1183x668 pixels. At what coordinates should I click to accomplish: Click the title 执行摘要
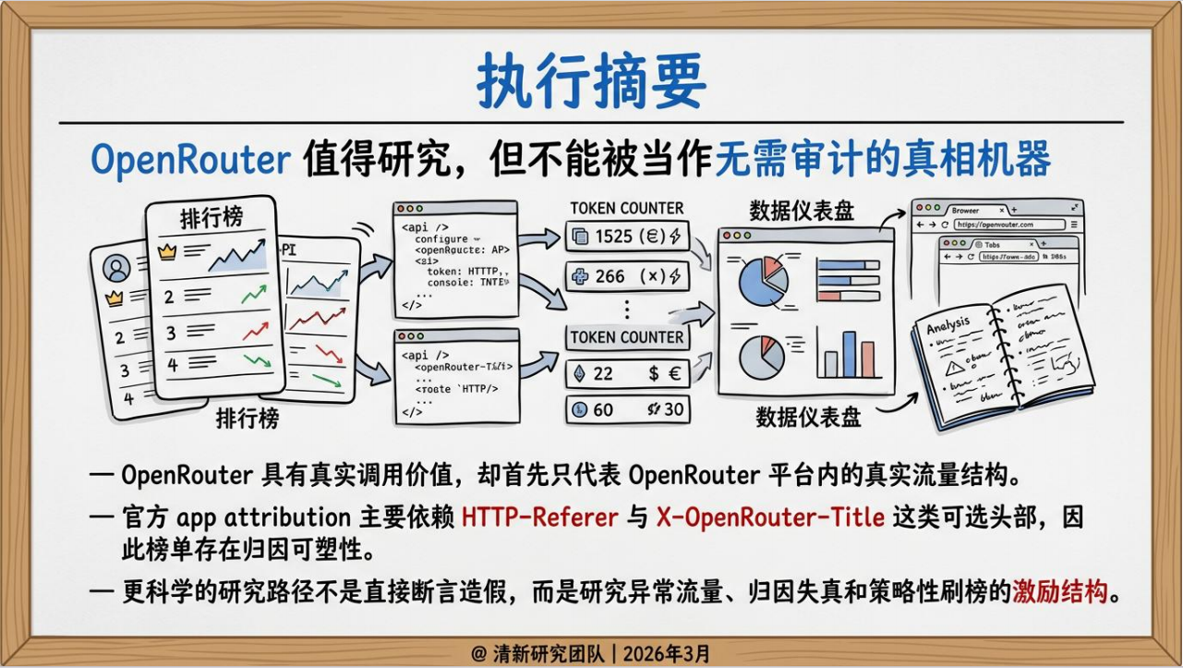(x=591, y=81)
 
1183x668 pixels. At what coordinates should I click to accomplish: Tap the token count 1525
(x=614, y=237)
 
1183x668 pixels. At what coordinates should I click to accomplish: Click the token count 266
(x=610, y=276)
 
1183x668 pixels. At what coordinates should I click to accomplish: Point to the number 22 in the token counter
(x=603, y=373)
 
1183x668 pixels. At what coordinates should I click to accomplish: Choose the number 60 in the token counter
(x=603, y=408)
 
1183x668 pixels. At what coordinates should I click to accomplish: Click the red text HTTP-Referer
(x=539, y=516)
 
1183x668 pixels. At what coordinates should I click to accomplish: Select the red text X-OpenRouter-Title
(x=770, y=516)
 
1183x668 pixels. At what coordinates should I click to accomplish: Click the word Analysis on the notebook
(x=948, y=324)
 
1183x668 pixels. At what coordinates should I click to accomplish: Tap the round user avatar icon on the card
(x=117, y=268)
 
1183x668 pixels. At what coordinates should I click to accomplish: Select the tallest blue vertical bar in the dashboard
(x=849, y=353)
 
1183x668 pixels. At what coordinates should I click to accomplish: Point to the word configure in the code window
(x=441, y=238)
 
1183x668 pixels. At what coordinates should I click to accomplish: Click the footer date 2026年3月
(x=667, y=653)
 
